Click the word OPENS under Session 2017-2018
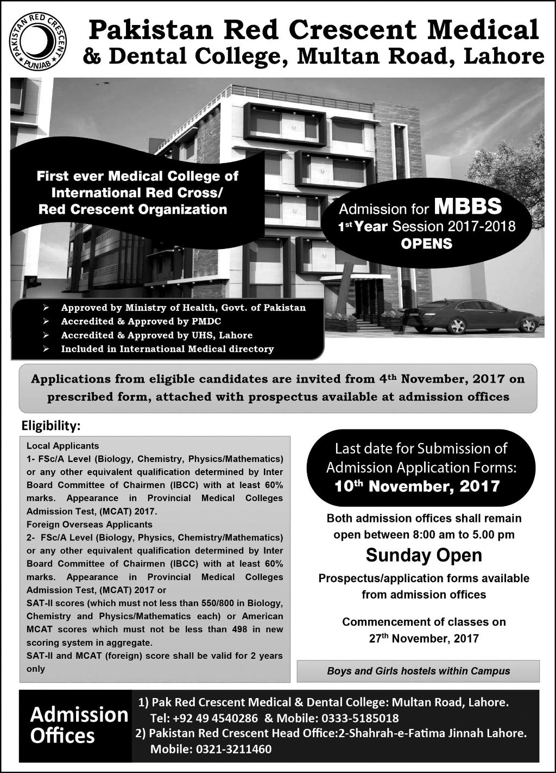[x=426, y=244]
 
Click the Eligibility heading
[x=50, y=425]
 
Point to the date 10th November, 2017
[x=417, y=486]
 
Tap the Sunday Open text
[x=424, y=555]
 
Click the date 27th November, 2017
[x=424, y=638]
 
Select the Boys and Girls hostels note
[x=418, y=671]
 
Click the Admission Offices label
[x=79, y=725]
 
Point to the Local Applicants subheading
[x=63, y=446]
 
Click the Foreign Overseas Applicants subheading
[x=90, y=525]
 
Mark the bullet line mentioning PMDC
[x=141, y=321]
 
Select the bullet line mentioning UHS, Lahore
[x=156, y=335]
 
